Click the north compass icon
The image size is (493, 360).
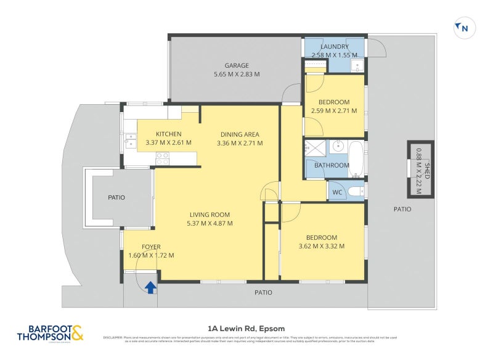[464, 28]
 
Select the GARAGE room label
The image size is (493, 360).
[236, 65]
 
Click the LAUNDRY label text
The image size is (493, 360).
[335, 47]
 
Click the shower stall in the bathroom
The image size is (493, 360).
[316, 148]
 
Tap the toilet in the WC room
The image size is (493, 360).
[356, 192]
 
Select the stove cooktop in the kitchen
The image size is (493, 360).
[162, 158]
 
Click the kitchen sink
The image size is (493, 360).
[130, 140]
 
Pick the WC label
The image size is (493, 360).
[337, 192]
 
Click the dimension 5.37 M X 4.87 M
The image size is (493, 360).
[210, 223]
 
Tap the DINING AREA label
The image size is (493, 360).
[240, 134]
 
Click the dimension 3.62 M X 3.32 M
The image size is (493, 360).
[322, 246]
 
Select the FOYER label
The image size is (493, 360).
[151, 247]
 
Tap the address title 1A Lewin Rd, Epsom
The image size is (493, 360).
[246, 328]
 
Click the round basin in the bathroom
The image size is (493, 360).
[336, 147]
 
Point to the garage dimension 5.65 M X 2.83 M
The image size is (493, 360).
[236, 74]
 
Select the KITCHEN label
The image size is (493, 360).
[168, 134]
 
